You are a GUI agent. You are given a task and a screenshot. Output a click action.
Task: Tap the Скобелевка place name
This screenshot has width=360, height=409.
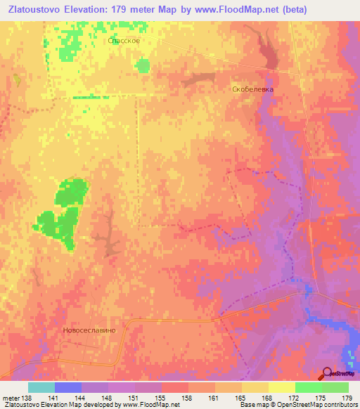[252, 90]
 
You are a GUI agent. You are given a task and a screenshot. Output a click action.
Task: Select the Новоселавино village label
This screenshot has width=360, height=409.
[94, 329]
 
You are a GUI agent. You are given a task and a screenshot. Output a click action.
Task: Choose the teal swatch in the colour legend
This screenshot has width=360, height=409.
[41, 387]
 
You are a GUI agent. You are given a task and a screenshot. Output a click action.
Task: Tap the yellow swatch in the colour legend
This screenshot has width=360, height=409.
[281, 387]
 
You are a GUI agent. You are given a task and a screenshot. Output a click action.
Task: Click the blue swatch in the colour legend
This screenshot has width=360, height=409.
[68, 387]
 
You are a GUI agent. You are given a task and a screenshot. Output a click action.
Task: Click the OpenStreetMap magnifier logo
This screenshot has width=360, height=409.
[327, 373]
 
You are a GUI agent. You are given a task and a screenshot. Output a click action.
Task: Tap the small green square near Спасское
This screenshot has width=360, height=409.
[143, 65]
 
